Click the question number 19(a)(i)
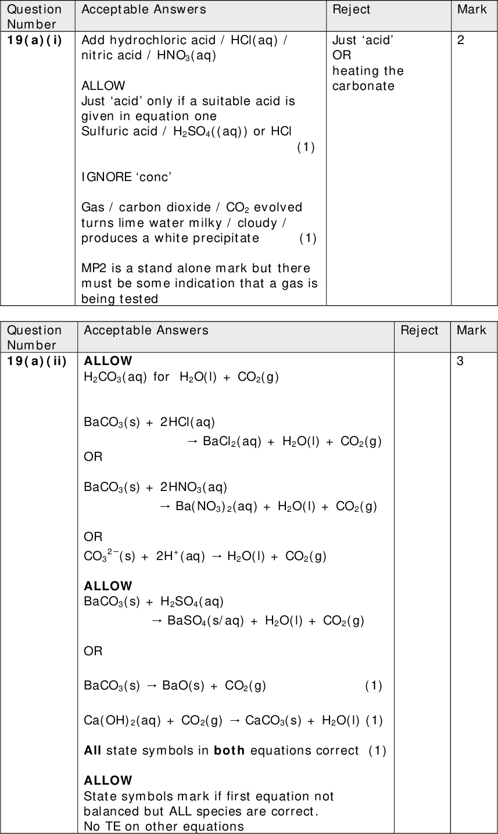click(x=34, y=40)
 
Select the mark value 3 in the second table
click(x=460, y=361)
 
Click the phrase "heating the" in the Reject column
click(x=368, y=71)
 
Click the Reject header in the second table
click(x=420, y=330)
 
